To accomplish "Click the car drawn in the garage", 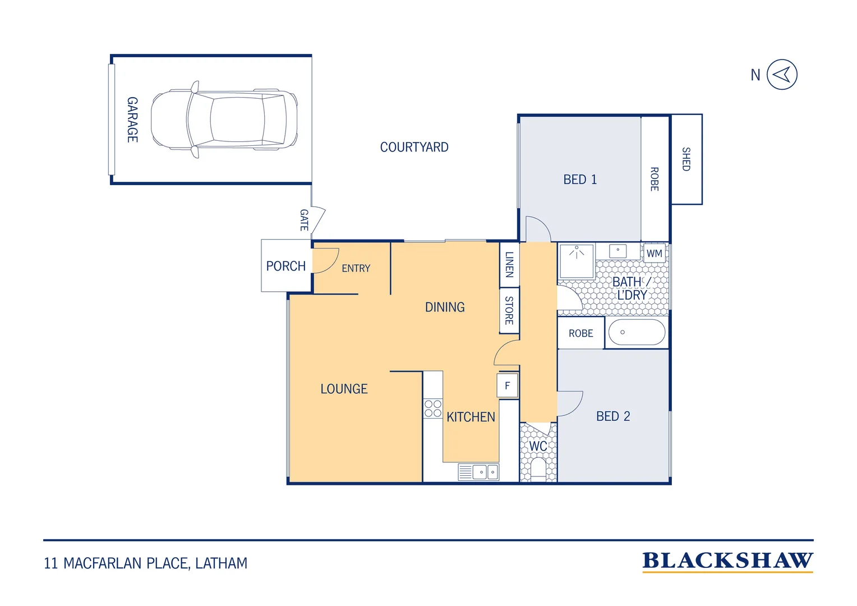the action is (x=224, y=120).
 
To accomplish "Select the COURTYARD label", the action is (x=414, y=147).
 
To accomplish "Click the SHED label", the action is (x=686, y=159).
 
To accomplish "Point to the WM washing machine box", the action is (x=654, y=253).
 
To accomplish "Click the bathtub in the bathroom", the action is (x=637, y=332).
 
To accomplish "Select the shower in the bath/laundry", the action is (x=577, y=261).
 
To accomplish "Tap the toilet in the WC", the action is (x=538, y=469).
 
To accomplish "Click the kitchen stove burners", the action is (x=433, y=408).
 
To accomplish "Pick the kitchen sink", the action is (x=478, y=472).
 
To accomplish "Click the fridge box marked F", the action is (x=508, y=385).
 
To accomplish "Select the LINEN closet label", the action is (x=509, y=264).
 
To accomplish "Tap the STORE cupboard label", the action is (x=509, y=310).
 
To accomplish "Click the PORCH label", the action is (x=286, y=266).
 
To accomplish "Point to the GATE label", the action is (x=304, y=220).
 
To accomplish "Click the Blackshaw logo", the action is (x=727, y=562).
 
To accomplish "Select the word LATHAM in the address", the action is (x=221, y=563).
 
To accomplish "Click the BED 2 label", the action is (x=613, y=416).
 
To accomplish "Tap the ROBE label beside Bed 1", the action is (x=655, y=179).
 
